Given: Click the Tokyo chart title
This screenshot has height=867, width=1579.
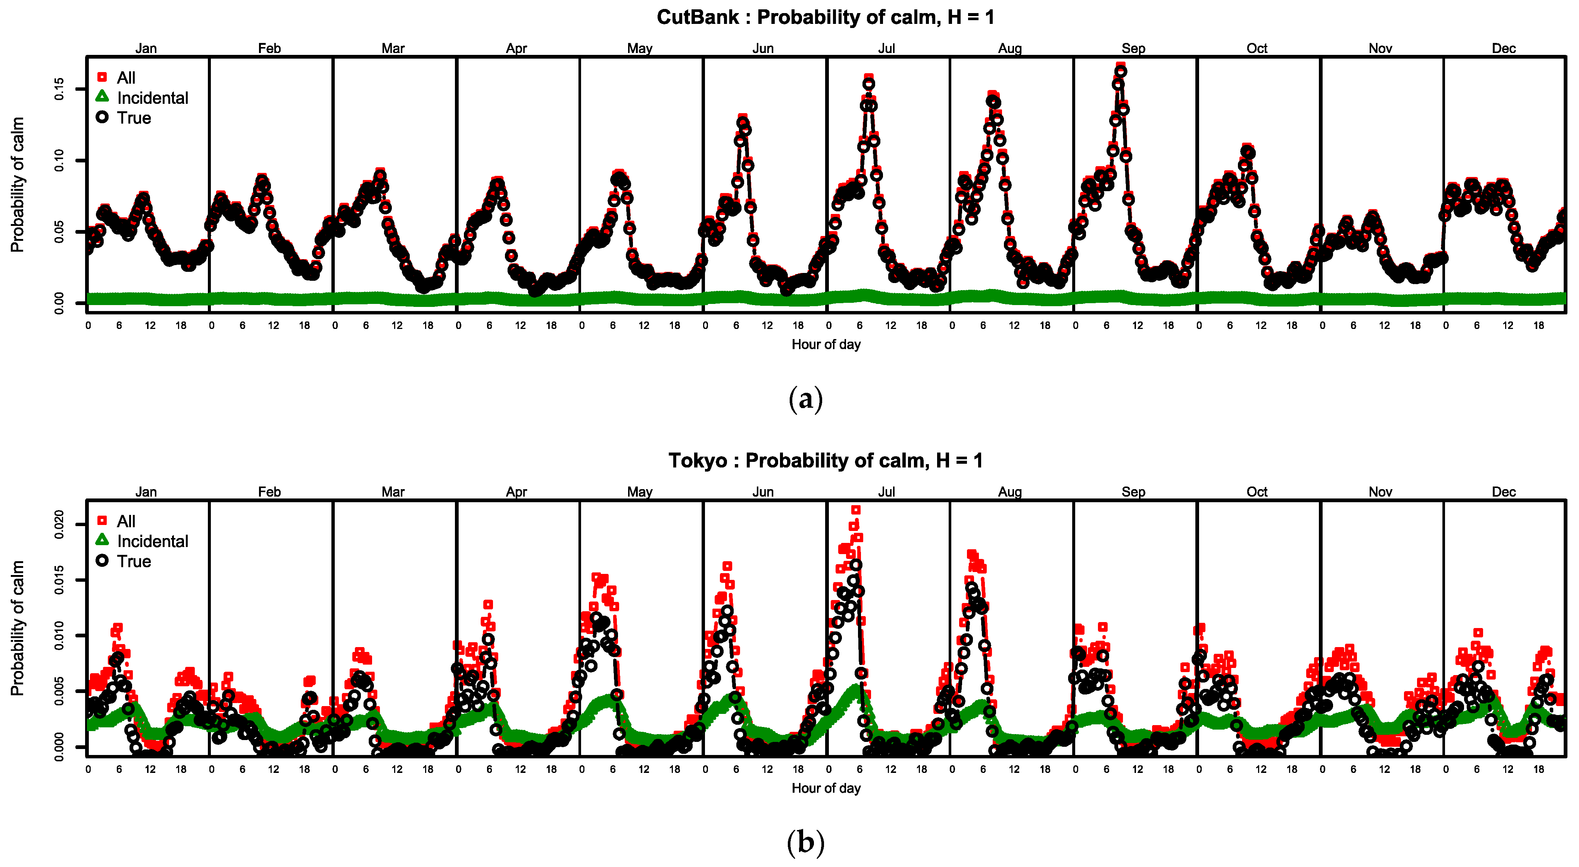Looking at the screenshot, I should point(825,460).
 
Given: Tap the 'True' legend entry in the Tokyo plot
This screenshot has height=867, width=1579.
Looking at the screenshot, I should point(134,561).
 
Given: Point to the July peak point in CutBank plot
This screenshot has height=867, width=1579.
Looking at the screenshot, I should point(868,81).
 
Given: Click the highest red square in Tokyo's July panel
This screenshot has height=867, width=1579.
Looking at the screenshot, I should point(856,510).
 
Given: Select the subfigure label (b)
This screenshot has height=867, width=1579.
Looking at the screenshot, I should point(805,842).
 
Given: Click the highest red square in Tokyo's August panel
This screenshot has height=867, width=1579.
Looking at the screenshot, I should point(971,554).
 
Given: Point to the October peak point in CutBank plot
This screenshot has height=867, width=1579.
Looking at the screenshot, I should point(1247,150).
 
